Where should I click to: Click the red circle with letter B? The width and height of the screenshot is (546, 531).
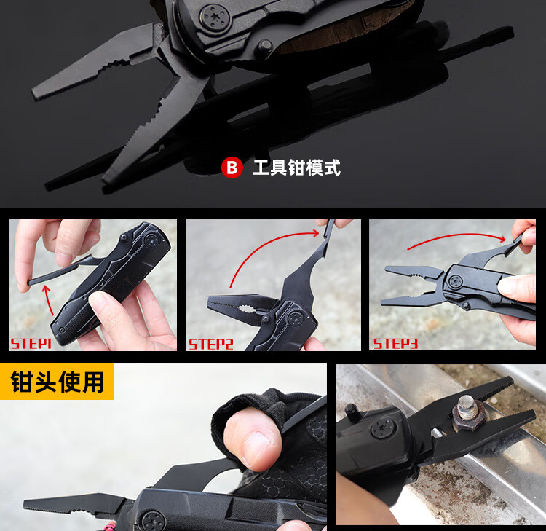(232, 168)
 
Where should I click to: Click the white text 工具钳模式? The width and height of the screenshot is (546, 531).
(296, 168)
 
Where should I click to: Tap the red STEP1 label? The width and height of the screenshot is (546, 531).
(31, 344)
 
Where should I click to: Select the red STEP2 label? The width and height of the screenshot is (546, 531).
(210, 345)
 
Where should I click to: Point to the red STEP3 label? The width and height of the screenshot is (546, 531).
(395, 344)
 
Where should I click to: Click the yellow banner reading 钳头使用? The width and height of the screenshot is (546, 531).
(56, 382)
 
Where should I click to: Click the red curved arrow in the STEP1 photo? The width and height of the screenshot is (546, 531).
(48, 299)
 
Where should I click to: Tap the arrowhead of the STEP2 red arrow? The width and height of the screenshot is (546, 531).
(315, 233)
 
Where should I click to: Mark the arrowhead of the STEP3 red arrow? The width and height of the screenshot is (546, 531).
(502, 239)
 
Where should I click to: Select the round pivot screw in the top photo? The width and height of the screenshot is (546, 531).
(215, 17)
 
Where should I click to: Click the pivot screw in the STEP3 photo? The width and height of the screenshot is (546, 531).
(455, 281)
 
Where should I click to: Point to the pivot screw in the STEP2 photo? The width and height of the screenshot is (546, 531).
(296, 318)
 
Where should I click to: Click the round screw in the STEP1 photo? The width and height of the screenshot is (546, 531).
(152, 240)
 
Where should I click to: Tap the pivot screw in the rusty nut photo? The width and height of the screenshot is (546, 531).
(382, 427)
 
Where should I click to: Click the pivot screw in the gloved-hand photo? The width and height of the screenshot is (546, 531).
(154, 522)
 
